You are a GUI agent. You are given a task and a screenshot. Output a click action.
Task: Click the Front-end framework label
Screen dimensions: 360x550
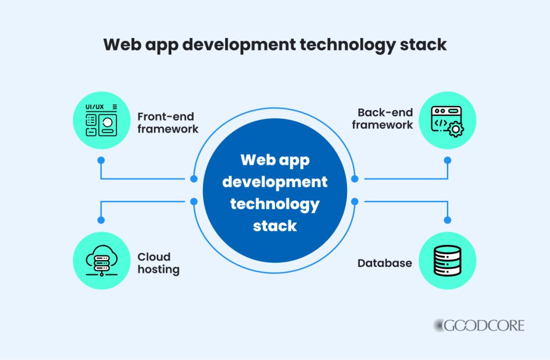coord(168,123)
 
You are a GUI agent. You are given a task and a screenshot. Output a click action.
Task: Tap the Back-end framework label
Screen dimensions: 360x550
coord(385,119)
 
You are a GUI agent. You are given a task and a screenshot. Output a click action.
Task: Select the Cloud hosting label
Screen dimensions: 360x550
coord(158,263)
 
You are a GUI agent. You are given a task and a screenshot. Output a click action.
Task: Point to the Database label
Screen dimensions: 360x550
coord(385,263)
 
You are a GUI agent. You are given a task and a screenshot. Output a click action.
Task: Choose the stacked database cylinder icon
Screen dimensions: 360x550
coord(446,262)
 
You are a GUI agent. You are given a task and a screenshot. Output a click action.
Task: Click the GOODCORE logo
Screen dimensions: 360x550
coord(479,325)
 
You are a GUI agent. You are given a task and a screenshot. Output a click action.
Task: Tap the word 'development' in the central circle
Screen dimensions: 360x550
coord(274,182)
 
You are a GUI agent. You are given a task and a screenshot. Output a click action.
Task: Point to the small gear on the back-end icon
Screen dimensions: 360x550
coord(455,129)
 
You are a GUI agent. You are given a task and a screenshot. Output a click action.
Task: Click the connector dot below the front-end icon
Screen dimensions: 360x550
coord(101,160)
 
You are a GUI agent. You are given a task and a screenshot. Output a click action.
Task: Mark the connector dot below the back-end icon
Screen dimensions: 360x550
coord(447,160)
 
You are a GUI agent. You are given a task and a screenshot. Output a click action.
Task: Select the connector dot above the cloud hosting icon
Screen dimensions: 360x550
coord(101,220)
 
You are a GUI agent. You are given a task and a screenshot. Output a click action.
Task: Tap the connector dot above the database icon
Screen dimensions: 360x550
coord(447,220)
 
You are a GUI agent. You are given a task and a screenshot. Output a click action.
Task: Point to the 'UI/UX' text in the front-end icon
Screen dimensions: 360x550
coord(95,107)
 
